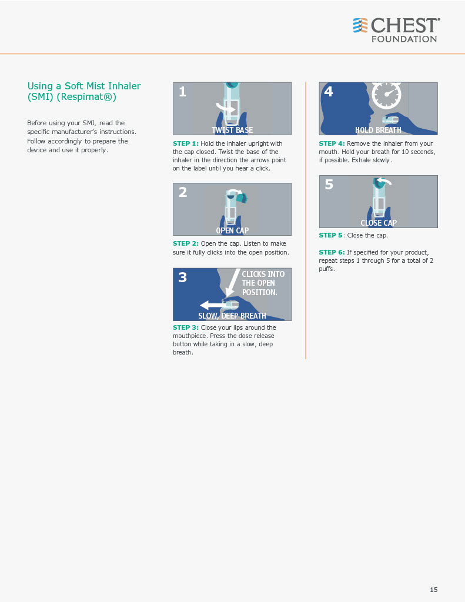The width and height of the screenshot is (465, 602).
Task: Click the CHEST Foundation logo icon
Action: [x=360, y=25]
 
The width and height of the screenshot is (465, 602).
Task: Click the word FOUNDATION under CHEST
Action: [x=404, y=39]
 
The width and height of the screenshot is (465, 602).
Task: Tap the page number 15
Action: [x=433, y=589]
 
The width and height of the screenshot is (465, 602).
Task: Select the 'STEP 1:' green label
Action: [x=185, y=143]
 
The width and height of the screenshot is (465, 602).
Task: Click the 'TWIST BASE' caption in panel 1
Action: [x=232, y=130]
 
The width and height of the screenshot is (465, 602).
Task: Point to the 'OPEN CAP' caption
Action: [x=232, y=230]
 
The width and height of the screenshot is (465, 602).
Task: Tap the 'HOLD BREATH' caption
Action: [x=378, y=130]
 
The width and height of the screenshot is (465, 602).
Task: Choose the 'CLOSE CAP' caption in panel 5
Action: [x=379, y=223]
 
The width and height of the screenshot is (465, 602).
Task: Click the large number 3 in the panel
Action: [x=183, y=277]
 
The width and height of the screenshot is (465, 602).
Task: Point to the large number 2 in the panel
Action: [x=183, y=192]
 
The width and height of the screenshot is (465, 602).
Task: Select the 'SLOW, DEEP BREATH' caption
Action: [x=232, y=316]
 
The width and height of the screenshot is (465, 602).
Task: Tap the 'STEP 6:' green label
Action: [x=332, y=252]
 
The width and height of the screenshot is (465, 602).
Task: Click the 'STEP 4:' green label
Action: [x=332, y=143]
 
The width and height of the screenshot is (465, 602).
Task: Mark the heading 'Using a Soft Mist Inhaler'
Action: [x=84, y=86]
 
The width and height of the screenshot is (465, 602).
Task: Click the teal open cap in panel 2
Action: [x=242, y=198]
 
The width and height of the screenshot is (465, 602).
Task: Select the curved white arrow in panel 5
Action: [x=384, y=181]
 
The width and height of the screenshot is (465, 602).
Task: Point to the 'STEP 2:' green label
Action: [x=185, y=243]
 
